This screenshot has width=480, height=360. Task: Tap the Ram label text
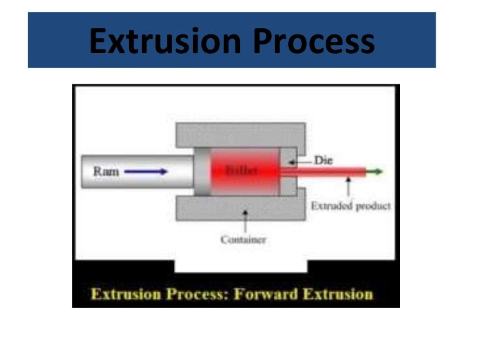[x=105, y=170]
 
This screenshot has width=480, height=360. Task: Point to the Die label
[x=323, y=161]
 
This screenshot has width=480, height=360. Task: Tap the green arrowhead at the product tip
[x=377, y=171]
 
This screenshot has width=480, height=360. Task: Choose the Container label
[x=244, y=239]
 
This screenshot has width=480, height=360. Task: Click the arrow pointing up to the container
[x=244, y=220]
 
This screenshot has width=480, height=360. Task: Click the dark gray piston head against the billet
[x=201, y=171]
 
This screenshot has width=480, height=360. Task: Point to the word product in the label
[x=373, y=206]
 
